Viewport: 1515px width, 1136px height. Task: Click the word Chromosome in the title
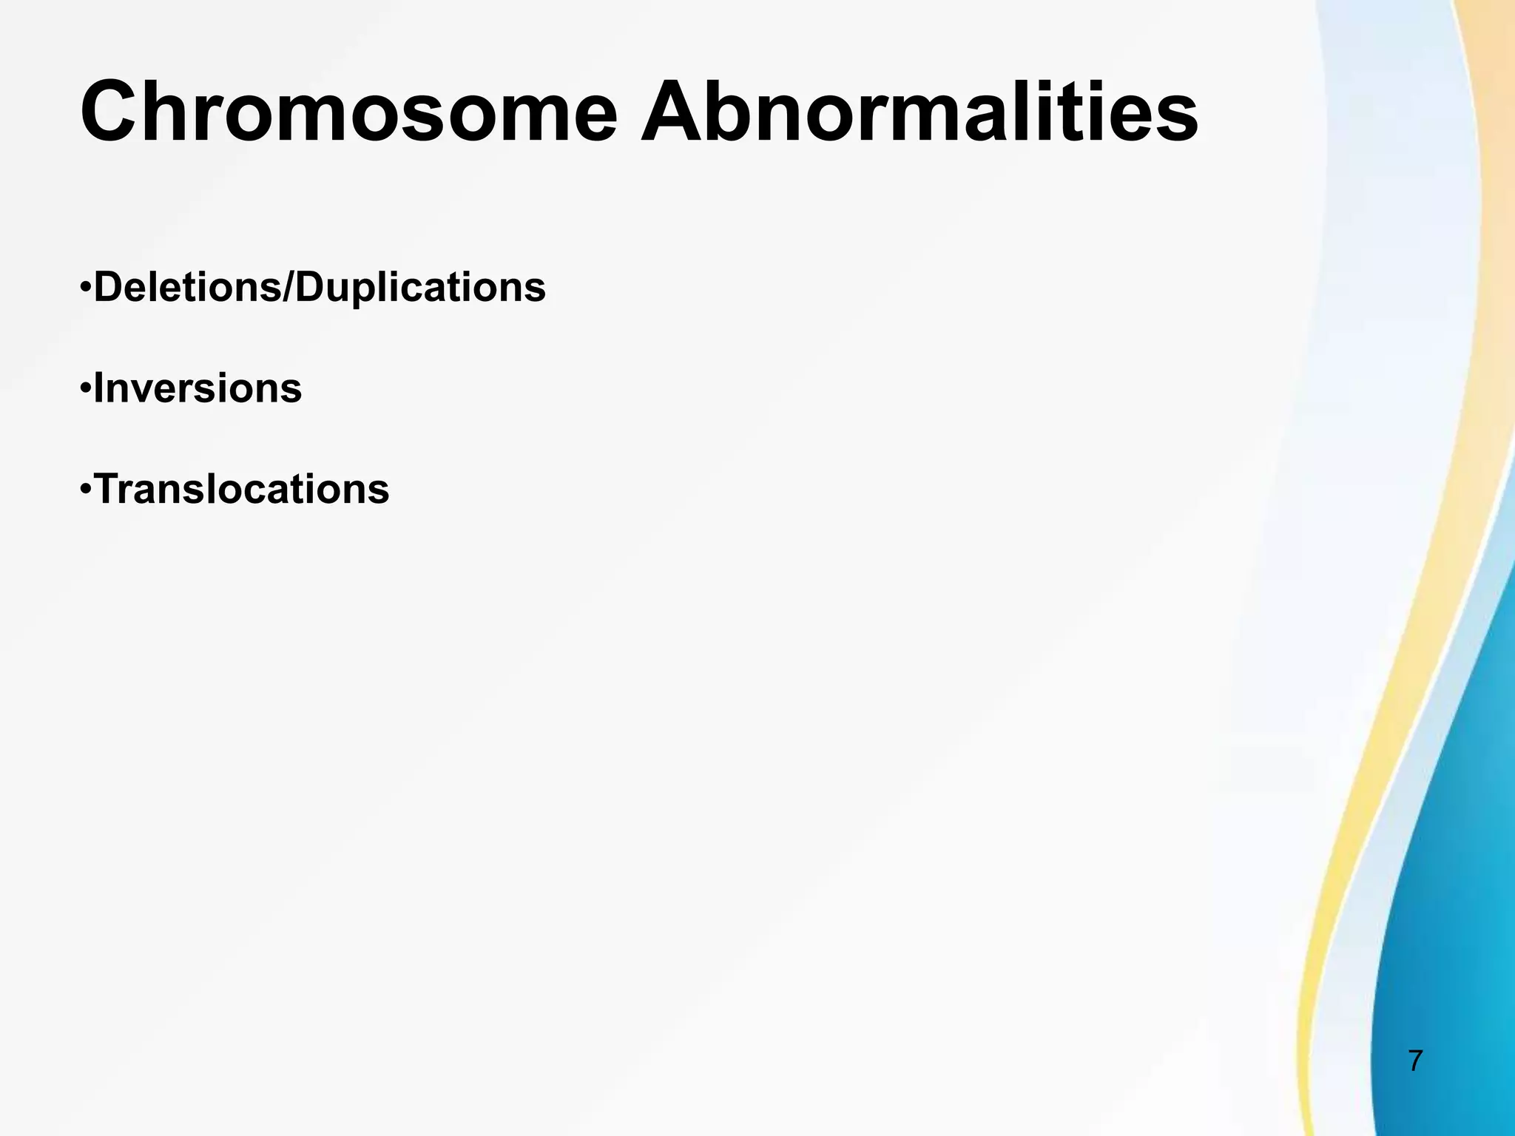point(348,112)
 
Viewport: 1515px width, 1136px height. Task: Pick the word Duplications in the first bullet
point(420,288)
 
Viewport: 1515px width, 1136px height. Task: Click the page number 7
point(1415,1061)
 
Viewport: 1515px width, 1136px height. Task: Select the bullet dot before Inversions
point(86,387)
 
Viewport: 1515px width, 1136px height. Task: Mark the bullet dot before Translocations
point(86,488)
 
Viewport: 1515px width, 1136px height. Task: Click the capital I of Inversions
point(99,388)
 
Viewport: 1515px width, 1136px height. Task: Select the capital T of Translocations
point(109,490)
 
